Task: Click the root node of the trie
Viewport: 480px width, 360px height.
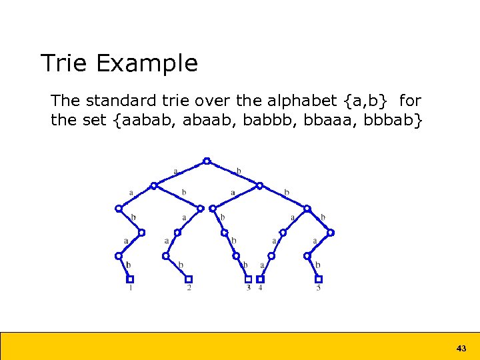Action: tap(207, 161)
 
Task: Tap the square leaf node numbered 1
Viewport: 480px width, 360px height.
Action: tap(130, 279)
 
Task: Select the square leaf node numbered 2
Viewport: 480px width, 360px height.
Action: tap(189, 279)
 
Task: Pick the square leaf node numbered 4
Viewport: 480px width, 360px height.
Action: tap(260, 279)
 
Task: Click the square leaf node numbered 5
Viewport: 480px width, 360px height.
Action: tap(319, 279)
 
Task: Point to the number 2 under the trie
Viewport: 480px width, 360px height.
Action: tap(189, 288)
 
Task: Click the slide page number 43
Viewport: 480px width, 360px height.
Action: tap(461, 348)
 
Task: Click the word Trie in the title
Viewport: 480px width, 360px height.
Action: tap(65, 63)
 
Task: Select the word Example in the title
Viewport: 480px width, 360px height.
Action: tap(147, 63)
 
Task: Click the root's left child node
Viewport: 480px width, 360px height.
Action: tap(154, 185)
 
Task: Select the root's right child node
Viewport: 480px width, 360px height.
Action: tap(260, 185)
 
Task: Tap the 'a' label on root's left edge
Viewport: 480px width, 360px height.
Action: tap(175, 171)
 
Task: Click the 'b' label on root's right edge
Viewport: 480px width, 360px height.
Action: tap(239, 171)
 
